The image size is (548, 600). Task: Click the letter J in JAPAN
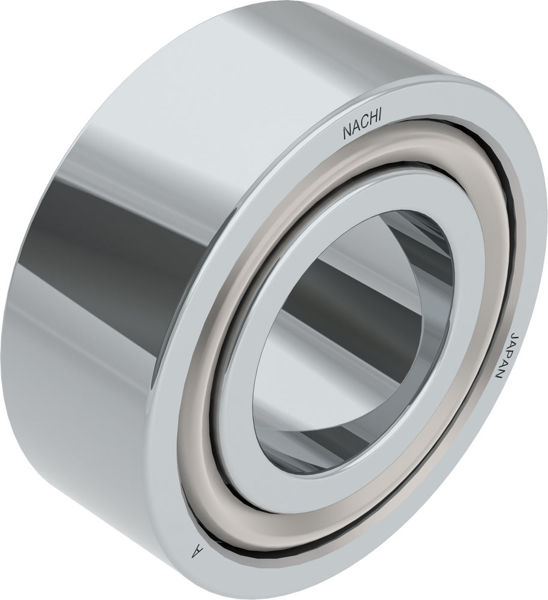[514, 334]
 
